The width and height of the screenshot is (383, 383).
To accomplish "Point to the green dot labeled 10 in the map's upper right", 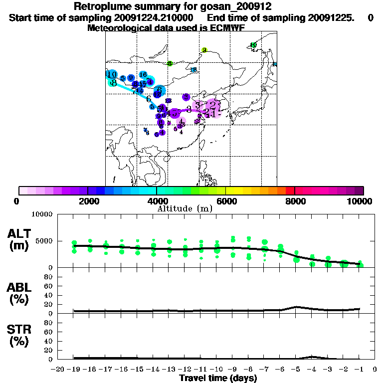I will [253, 45].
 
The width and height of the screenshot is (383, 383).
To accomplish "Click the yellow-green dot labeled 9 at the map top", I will [204, 50].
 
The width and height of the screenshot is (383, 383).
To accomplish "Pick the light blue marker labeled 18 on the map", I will [193, 70].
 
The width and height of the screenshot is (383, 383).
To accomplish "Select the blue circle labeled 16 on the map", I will [143, 75].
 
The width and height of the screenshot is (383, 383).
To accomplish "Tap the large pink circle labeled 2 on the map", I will [213, 105].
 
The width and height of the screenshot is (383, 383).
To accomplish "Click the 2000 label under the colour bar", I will [87, 201].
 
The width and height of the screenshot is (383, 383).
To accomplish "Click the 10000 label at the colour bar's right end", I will [361, 201].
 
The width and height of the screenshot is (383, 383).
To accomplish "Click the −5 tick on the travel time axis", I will [296, 369].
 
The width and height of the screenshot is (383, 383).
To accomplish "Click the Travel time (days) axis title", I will [218, 379].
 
